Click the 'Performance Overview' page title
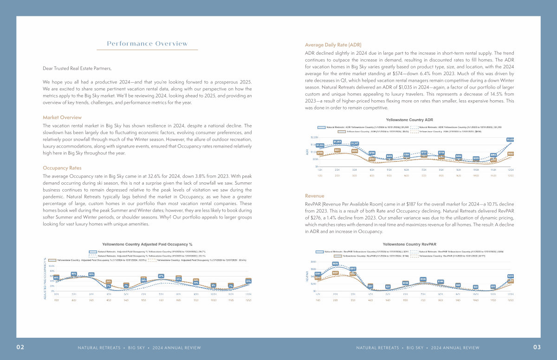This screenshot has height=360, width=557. pyautogui.click(x=147, y=44)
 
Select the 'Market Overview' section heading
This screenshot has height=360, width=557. pyautogui.click(x=62, y=117)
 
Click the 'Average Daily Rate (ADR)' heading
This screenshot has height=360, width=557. pyautogui.click(x=333, y=45)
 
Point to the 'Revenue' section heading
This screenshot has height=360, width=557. pyautogui.click(x=315, y=196)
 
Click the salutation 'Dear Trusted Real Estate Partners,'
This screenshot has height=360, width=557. pyautogui.click(x=77, y=69)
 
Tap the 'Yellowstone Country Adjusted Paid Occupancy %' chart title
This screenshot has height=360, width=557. pyautogui.click(x=147, y=244)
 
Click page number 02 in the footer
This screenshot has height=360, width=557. pyautogui.click(x=20, y=347)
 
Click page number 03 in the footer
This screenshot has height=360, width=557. pyautogui.click(x=537, y=347)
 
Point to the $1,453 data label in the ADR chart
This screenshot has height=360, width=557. pyautogui.click(x=337, y=141)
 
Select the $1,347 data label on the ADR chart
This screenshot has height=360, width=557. pyautogui.click(x=355, y=143)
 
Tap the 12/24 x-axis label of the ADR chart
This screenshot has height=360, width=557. pyautogui.click(x=510, y=170)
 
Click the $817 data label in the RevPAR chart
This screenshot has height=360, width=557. pyautogui.click(x=353, y=269)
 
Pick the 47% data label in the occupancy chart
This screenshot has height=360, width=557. pyautogui.click(x=161, y=276)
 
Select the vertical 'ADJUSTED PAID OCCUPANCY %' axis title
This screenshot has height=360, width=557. pyautogui.click(x=45, y=278)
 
